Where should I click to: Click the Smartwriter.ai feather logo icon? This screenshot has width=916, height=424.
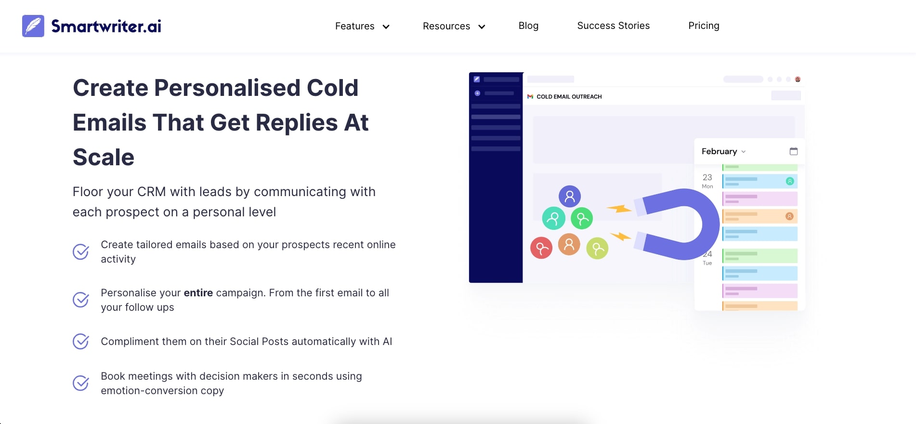coord(33,26)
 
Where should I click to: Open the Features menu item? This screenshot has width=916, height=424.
coord(354,26)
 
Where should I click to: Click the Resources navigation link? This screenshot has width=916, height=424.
coord(446,26)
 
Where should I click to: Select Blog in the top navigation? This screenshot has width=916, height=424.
coord(528,26)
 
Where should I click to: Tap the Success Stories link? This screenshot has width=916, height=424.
coord(613,26)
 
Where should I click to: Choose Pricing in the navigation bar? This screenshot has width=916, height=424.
coord(704,26)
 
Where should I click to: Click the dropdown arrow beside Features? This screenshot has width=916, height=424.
coord(386,27)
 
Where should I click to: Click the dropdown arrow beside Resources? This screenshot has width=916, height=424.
coord(482,27)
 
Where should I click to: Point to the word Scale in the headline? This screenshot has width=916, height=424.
coord(104,157)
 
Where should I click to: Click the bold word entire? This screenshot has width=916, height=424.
coord(198,293)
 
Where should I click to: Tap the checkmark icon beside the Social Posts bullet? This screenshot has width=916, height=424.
coord(81,341)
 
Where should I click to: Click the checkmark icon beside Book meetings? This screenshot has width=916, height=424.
coord(81,383)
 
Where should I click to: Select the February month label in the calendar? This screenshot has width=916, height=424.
coord(719,151)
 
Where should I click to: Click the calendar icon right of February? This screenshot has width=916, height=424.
coord(794,151)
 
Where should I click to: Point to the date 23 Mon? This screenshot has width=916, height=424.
coord(707,181)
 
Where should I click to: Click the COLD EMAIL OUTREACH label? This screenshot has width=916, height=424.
coord(569,97)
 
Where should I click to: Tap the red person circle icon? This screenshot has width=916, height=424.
coord(541,248)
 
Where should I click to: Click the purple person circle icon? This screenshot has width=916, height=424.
coord(570,196)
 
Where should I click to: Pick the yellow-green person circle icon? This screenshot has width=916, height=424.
coord(597,249)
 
